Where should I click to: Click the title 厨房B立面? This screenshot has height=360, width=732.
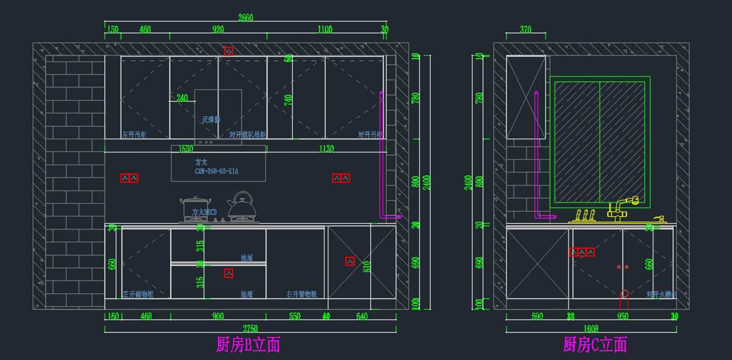248,345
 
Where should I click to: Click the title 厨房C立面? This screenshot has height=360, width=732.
595,345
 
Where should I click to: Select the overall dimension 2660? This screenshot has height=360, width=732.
245,18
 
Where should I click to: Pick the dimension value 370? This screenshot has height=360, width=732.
525,29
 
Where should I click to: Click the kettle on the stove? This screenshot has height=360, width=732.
242,206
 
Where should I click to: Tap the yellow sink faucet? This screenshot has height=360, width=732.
622,208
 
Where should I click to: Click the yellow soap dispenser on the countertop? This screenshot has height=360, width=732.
658,219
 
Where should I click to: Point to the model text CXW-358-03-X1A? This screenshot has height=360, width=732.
217,172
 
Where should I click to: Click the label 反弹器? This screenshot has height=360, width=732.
211,120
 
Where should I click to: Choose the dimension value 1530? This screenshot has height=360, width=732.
185,149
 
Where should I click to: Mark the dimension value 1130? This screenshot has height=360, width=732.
326,149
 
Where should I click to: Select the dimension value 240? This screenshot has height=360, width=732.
182,98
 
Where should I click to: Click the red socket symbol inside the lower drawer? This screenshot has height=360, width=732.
229,273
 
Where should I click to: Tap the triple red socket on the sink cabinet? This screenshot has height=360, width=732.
582,251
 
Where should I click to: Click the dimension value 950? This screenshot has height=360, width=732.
622,317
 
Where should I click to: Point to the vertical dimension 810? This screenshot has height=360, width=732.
367,266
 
